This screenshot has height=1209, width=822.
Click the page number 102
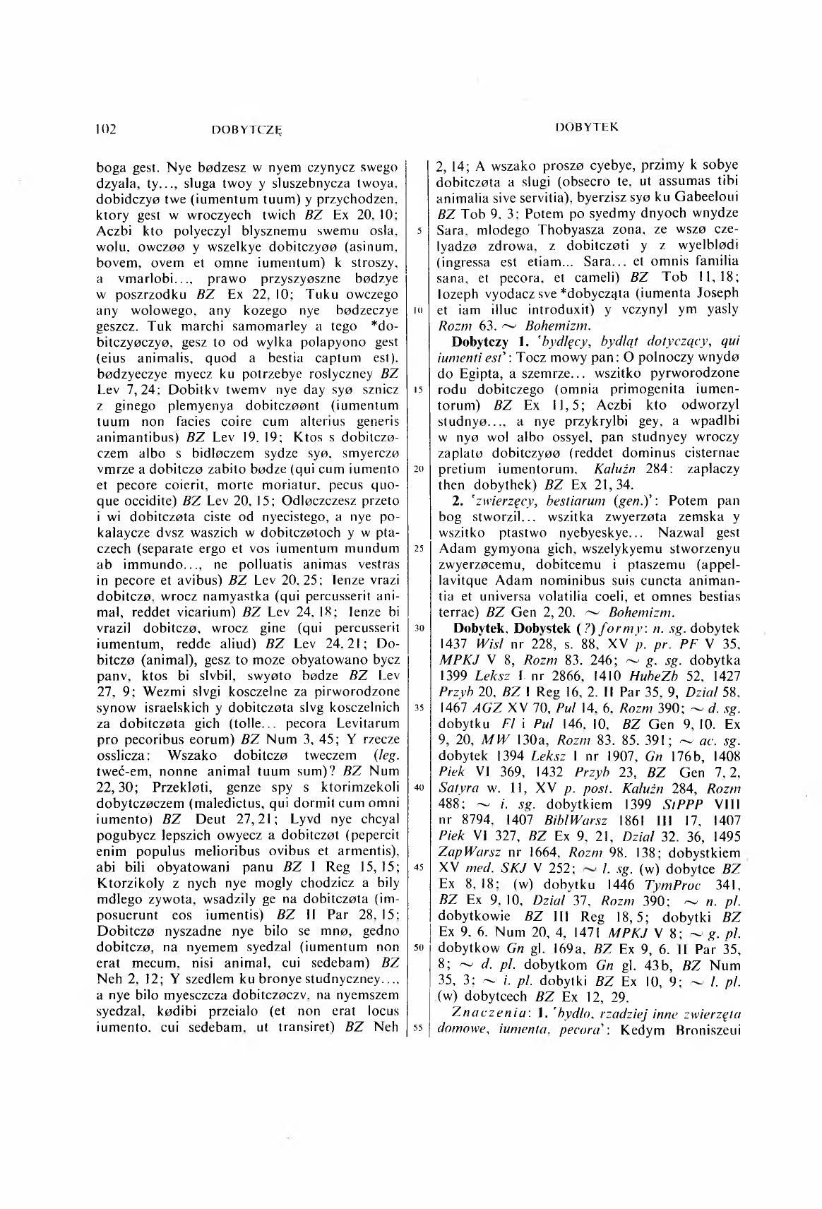point(106,129)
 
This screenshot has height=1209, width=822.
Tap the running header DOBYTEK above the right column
point(587,127)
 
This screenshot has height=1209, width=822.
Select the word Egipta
point(470,372)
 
